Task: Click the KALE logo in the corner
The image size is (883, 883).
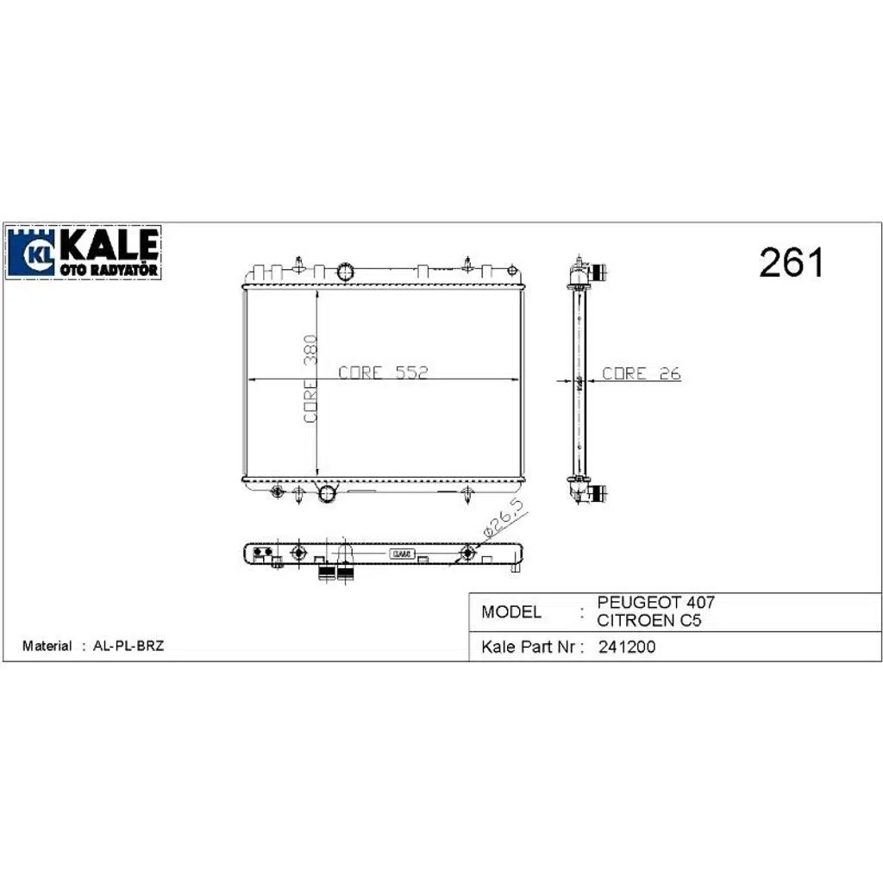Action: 84,253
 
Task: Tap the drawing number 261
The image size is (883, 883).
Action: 792,262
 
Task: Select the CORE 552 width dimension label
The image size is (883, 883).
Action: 383,373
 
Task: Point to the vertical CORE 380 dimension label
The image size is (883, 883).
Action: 310,379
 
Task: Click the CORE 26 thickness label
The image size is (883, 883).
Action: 642,373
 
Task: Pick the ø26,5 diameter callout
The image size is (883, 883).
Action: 504,517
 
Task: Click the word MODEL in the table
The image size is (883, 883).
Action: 510,612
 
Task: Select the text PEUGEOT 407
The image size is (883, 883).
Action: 655,602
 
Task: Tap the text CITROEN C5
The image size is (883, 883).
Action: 648,621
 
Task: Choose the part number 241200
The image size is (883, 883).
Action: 627,647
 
